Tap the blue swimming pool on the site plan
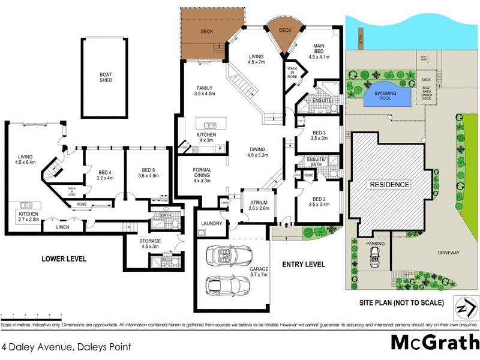coord(384,96)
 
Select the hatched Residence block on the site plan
coord(389,184)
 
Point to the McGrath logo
coord(431,342)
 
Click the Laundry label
coord(212,224)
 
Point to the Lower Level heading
coord(64,259)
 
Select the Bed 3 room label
coord(320,136)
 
